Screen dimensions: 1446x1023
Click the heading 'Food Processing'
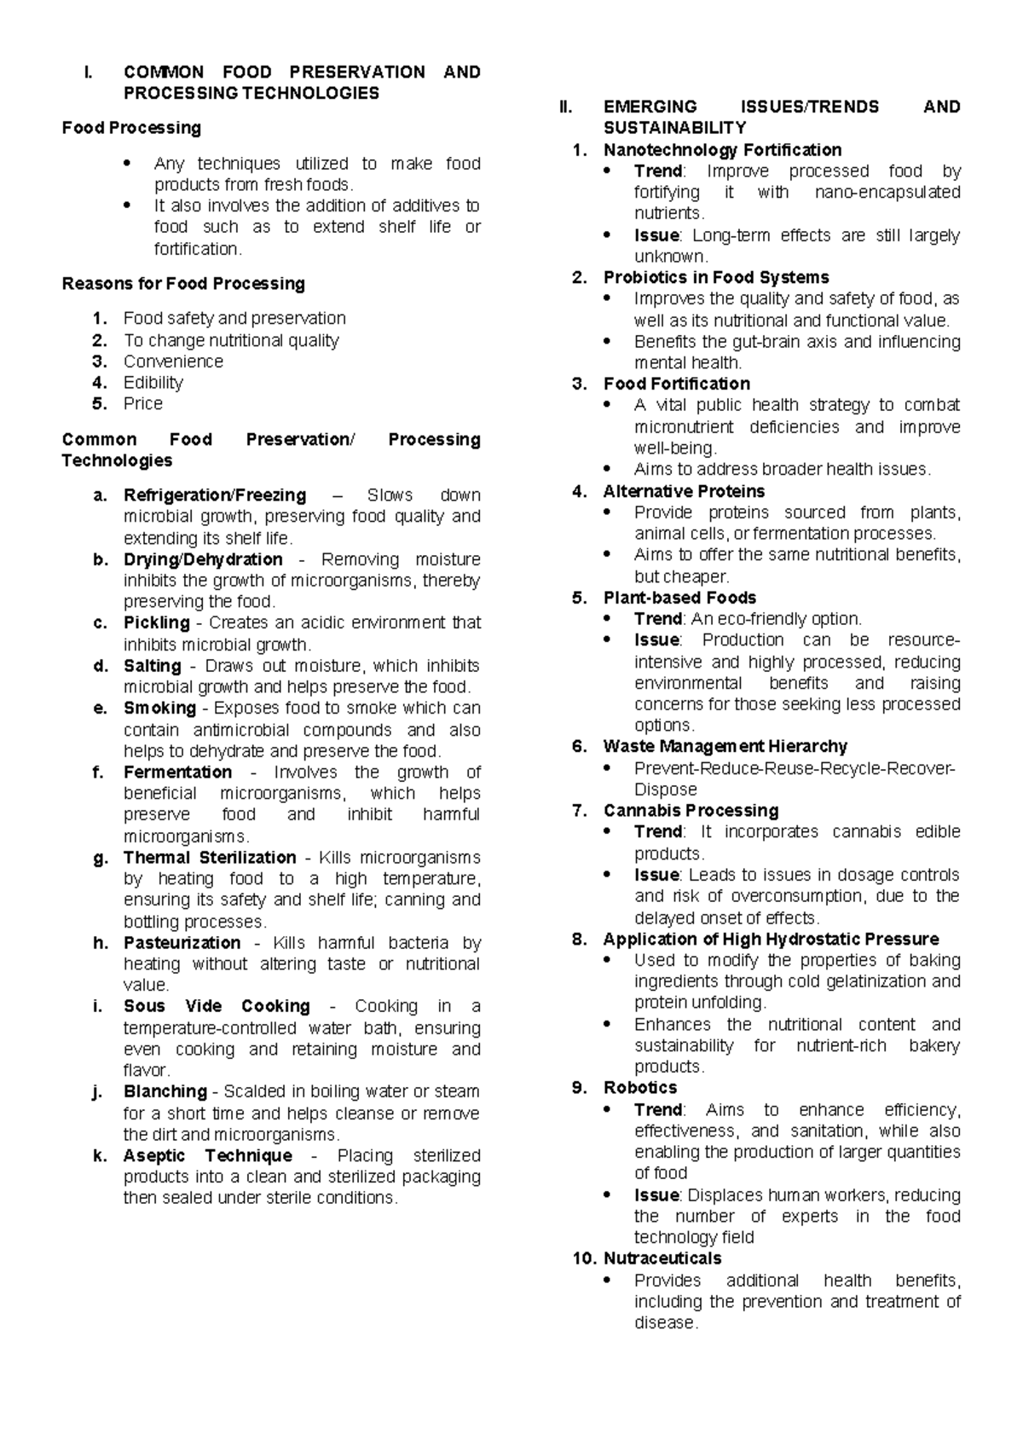click(x=131, y=128)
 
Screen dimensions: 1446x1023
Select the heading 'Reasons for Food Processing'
click(x=183, y=283)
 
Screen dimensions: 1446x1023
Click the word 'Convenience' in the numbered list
click(x=173, y=361)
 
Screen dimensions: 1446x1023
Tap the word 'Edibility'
click(x=153, y=383)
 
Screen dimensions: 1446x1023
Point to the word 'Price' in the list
click(x=142, y=404)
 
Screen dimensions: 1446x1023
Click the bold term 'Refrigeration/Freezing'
click(x=215, y=495)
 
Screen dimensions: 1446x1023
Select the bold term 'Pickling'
click(x=157, y=623)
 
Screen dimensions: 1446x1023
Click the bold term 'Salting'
click(x=153, y=666)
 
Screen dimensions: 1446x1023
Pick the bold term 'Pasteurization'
click(x=182, y=943)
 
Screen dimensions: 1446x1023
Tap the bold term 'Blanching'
click(x=165, y=1092)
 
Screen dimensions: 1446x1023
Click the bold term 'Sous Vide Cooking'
click(x=217, y=1006)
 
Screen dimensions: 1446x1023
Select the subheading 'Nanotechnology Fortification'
click(x=722, y=150)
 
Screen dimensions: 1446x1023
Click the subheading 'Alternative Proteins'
click(x=684, y=491)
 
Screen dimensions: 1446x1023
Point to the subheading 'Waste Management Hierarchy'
click(x=725, y=747)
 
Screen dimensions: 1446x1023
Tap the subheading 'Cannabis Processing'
click(x=691, y=811)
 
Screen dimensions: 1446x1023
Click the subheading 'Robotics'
click(x=639, y=1088)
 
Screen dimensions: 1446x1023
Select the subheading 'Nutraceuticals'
click(x=662, y=1258)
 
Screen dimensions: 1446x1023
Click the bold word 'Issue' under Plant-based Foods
click(x=656, y=640)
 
